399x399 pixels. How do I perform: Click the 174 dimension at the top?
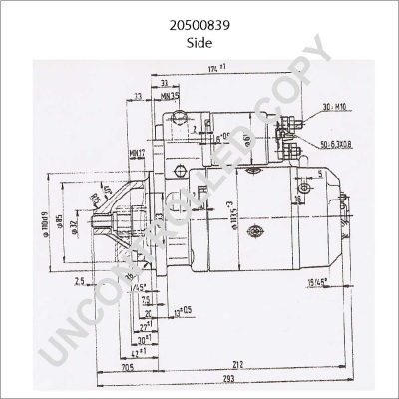[216, 67]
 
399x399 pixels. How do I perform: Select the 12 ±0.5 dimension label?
[183, 311]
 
